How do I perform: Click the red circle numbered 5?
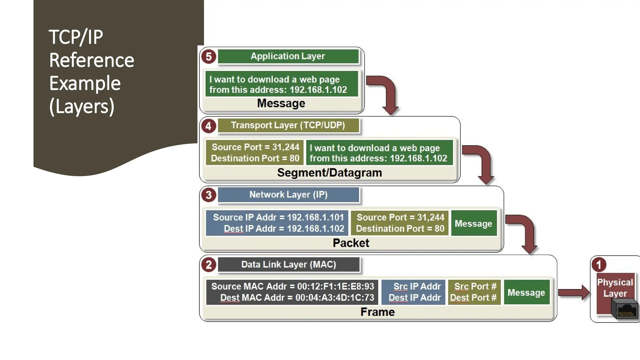(208, 57)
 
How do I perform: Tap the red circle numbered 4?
(208, 126)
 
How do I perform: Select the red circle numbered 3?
(208, 195)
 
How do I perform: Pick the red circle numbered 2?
(208, 265)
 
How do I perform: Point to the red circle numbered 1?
(598, 265)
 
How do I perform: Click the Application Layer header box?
(288, 56)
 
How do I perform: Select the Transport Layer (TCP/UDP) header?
(288, 125)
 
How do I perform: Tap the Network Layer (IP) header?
(288, 195)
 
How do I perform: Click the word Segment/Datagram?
(329, 172)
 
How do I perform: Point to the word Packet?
(351, 243)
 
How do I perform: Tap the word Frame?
(377, 312)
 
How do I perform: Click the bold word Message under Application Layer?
(281, 103)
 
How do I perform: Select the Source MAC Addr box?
(292, 292)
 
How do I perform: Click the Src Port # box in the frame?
(474, 292)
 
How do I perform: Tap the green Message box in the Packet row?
(473, 223)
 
